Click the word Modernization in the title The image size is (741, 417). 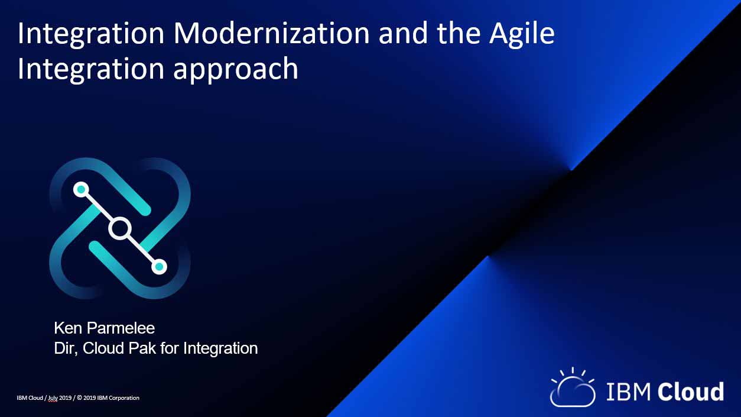coord(271,33)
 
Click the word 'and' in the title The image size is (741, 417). coord(403,33)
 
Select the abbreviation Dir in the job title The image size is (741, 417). coord(66,348)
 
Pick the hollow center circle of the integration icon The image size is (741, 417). coord(120,228)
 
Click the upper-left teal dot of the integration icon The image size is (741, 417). coord(81,189)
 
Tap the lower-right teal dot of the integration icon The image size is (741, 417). coord(159,267)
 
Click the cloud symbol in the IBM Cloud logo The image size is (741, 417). coord(572,387)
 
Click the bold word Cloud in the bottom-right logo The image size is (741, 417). coord(691,391)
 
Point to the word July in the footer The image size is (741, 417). coord(53,398)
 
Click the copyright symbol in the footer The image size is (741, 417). coord(79,398)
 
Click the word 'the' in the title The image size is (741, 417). coord(459,33)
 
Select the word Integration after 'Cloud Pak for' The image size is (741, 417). coord(220,349)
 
